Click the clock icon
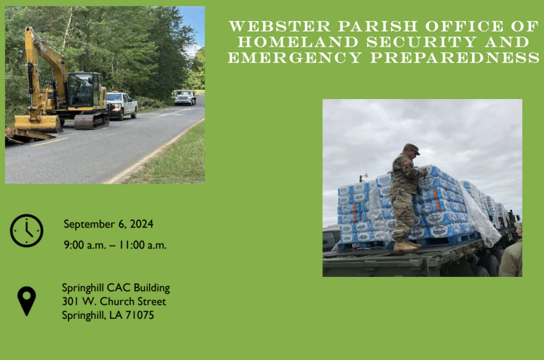click(27, 230)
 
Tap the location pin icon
click(27, 301)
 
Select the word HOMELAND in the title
click(298, 42)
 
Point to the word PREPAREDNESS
click(455, 58)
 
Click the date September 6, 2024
click(108, 224)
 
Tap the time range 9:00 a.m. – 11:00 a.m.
click(115, 245)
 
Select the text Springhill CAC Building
click(116, 288)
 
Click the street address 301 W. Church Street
click(114, 301)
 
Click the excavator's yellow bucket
click(38, 123)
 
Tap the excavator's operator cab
click(85, 90)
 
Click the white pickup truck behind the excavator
click(122, 105)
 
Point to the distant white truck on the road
click(185, 98)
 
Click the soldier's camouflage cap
click(411, 148)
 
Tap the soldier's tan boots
click(407, 246)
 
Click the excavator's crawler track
click(91, 121)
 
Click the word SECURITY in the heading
click(421, 42)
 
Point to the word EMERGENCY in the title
click(295, 58)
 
